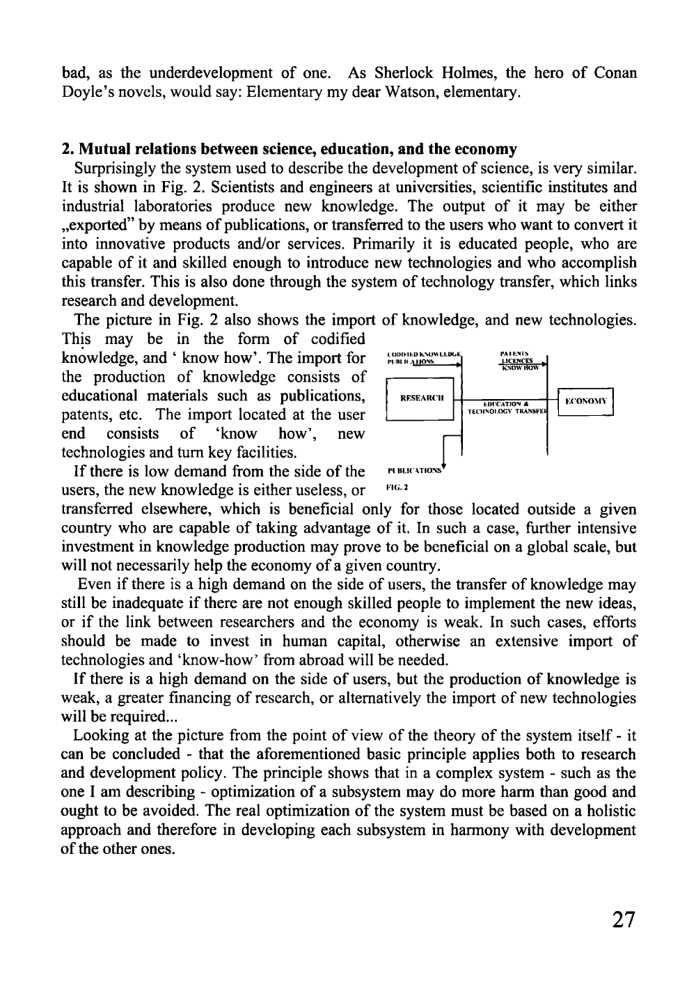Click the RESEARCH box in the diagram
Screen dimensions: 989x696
coord(419,399)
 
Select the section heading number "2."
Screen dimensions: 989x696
coord(68,149)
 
